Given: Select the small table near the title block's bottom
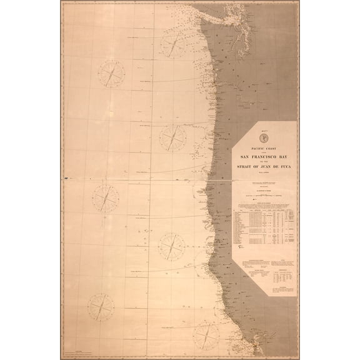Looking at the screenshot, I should point(294,273).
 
